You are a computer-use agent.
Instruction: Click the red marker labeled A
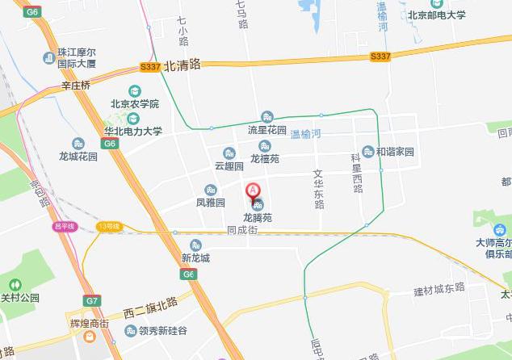pyautogui.click(x=253, y=192)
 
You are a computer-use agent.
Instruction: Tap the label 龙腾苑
pyautogui.click(x=258, y=218)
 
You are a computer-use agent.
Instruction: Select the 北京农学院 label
pyautogui.click(x=135, y=104)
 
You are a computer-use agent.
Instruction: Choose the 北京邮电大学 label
pyautogui.click(x=436, y=14)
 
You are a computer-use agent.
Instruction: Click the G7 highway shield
pyautogui.click(x=92, y=300)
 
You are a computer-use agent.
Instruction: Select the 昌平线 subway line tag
pyautogui.click(x=63, y=226)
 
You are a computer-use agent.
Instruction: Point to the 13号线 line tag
pyautogui.click(x=107, y=227)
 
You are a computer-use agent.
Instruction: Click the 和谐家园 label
pyautogui.click(x=394, y=152)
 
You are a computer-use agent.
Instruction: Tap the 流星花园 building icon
pyautogui.click(x=267, y=117)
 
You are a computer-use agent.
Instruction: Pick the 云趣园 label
pyautogui.click(x=229, y=165)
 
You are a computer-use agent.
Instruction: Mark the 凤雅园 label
pyautogui.click(x=210, y=203)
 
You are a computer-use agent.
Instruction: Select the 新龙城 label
pyautogui.click(x=195, y=258)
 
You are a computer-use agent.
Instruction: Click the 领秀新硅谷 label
pyautogui.click(x=162, y=331)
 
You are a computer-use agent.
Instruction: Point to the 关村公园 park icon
pyautogui.click(x=15, y=284)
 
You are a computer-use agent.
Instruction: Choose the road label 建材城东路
pyautogui.click(x=439, y=288)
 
